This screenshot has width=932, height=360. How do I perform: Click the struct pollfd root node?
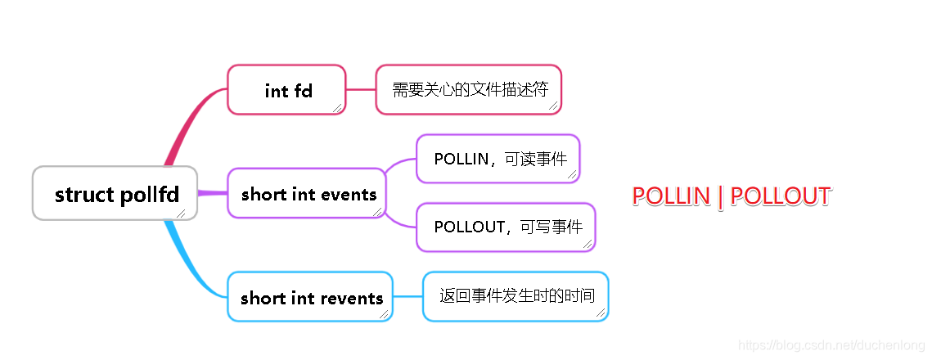click(115, 193)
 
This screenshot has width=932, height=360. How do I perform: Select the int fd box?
click(286, 90)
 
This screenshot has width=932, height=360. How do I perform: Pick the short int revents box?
click(310, 296)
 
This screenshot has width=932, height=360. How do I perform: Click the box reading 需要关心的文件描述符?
click(469, 90)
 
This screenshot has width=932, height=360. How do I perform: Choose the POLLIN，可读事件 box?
click(498, 159)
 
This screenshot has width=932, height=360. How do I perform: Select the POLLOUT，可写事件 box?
click(506, 227)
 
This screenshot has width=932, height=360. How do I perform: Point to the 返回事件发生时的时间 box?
click(516, 296)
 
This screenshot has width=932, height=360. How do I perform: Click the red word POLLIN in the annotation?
click(671, 196)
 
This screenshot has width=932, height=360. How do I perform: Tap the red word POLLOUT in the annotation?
click(780, 196)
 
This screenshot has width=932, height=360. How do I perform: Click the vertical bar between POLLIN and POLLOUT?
click(720, 196)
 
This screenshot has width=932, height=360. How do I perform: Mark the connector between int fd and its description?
click(361, 90)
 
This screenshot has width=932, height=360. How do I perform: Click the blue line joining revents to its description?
click(407, 296)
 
